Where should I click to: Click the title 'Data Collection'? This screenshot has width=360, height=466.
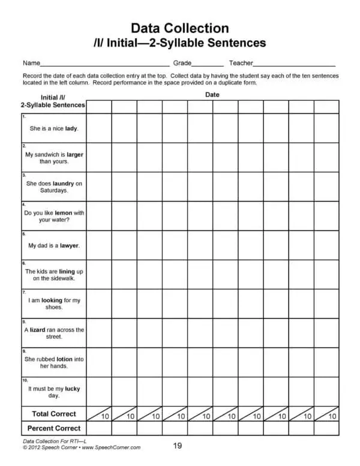(179, 28)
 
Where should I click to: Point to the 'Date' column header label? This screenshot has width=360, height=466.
(212, 95)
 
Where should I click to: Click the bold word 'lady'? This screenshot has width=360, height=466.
(71, 128)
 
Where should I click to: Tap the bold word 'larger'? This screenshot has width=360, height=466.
(75, 154)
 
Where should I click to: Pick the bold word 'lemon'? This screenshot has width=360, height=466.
(63, 213)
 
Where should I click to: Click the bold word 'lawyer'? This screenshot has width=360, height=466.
(70, 245)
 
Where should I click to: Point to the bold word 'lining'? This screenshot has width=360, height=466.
(67, 271)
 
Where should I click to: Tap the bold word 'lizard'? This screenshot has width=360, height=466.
(38, 330)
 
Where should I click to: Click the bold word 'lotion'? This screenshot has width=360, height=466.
(64, 359)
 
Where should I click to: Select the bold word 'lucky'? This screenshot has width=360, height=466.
(72, 389)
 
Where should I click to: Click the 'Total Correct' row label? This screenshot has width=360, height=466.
(53, 414)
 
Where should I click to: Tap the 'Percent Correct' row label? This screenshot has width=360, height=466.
(53, 428)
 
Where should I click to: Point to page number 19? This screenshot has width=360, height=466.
(178, 446)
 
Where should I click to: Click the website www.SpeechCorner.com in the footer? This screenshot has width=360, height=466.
(111, 447)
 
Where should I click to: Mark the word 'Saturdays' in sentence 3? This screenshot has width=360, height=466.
(54, 191)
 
